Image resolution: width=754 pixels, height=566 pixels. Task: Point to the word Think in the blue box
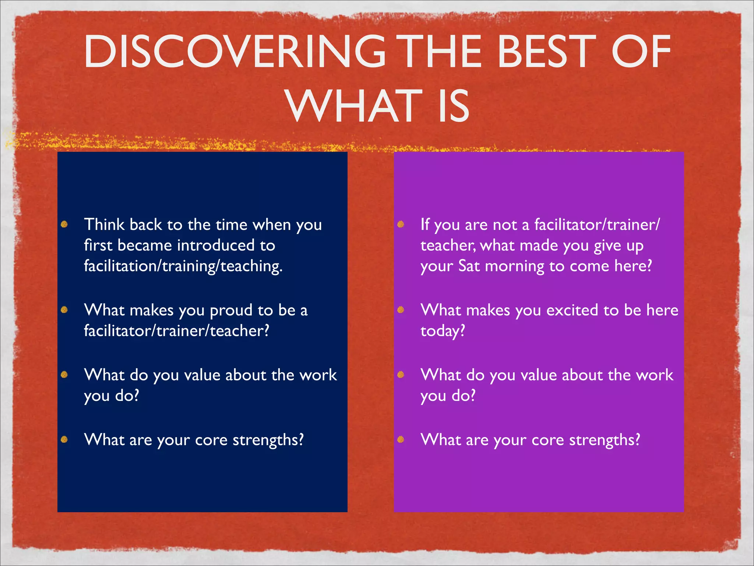(x=104, y=224)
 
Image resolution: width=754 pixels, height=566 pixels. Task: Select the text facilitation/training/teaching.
(x=183, y=266)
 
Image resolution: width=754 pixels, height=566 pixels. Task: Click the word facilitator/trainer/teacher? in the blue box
(x=176, y=331)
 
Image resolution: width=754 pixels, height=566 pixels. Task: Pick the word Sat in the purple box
(x=469, y=266)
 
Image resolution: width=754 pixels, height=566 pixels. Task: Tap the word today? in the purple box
(x=443, y=331)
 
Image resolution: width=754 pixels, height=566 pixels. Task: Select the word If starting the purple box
(x=425, y=224)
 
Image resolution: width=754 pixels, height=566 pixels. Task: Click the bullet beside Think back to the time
(x=64, y=224)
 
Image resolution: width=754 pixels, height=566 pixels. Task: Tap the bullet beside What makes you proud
(x=64, y=310)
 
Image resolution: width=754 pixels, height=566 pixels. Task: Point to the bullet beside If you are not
(x=401, y=224)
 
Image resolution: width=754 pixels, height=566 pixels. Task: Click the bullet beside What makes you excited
(x=401, y=310)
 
